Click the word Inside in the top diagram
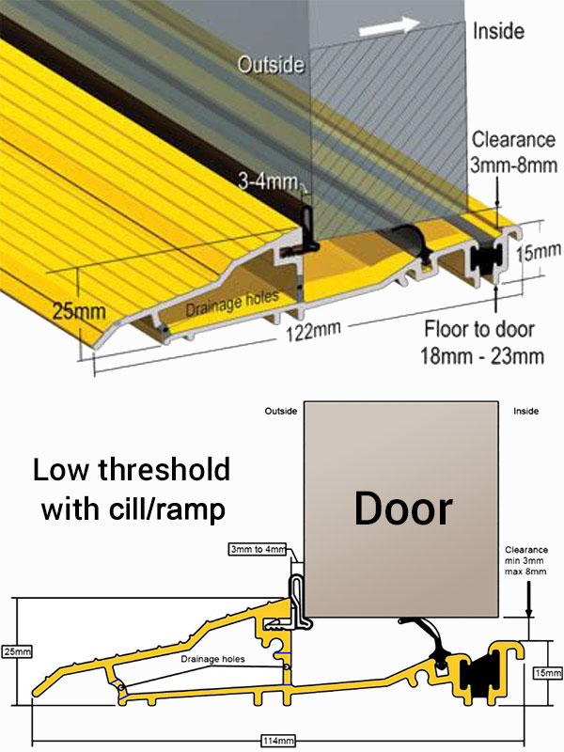[499, 30]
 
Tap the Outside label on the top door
[271, 65]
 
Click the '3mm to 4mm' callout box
[257, 548]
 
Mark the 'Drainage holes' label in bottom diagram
[214, 659]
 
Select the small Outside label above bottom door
[281, 412]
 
